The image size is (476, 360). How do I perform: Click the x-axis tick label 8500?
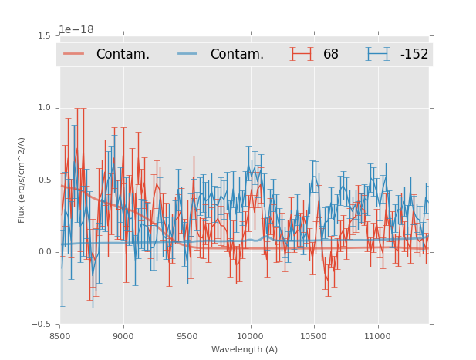[59, 336]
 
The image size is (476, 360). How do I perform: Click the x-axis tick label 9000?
[123, 336]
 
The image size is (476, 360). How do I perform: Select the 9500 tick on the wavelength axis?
[187, 336]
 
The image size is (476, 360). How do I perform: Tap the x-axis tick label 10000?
[250, 336]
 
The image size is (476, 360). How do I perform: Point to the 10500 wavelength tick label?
[313, 336]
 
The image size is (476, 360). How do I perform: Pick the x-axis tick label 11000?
[376, 336]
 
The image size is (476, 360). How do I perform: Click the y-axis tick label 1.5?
[44, 35]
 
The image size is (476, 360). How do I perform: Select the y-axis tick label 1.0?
[44, 108]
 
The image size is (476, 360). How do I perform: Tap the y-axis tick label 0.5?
[44, 180]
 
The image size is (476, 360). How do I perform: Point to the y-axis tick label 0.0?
[44, 252]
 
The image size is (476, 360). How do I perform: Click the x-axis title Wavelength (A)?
[244, 349]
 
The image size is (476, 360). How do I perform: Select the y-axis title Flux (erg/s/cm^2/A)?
[22, 180]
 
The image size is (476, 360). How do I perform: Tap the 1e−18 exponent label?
[76, 30]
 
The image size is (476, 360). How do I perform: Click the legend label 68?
[331, 54]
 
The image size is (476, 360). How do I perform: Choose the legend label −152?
[414, 54]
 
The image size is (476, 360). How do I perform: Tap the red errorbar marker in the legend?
[303, 54]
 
